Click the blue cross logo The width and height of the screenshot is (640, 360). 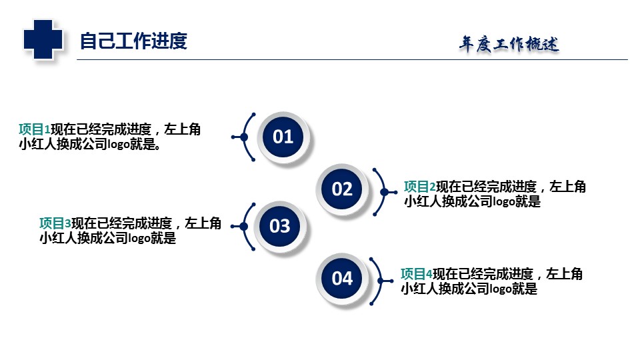pyautogui.click(x=43, y=39)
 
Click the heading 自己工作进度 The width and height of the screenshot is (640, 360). pyautogui.click(x=133, y=41)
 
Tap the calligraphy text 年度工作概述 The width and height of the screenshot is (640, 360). pyautogui.click(x=509, y=44)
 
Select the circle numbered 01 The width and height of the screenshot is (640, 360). pyautogui.click(x=283, y=137)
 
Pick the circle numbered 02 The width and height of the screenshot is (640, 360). pyautogui.click(x=342, y=189)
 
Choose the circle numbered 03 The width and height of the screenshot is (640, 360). pyautogui.click(x=280, y=226)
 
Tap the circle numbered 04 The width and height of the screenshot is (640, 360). pyautogui.click(x=342, y=279)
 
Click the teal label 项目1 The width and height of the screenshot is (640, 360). pyautogui.click(x=35, y=129)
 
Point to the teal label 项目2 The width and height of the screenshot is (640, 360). pyautogui.click(x=420, y=187)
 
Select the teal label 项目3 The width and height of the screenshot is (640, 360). pyautogui.click(x=55, y=223)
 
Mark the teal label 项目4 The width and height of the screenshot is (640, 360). pyautogui.click(x=417, y=274)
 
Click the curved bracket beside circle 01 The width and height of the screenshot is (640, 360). pyautogui.click(x=244, y=137)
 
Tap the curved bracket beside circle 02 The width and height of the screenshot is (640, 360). pyautogui.click(x=385, y=192)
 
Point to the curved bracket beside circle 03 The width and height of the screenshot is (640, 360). pyautogui.click(x=244, y=227)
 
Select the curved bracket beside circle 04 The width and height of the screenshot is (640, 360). pyautogui.click(x=381, y=281)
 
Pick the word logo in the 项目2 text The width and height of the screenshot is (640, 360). pyautogui.click(x=504, y=201)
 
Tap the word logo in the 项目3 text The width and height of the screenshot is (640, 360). pyautogui.click(x=139, y=239)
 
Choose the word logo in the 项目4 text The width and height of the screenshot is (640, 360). pyautogui.click(x=501, y=289)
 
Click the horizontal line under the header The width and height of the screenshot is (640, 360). pyautogui.click(x=352, y=59)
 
